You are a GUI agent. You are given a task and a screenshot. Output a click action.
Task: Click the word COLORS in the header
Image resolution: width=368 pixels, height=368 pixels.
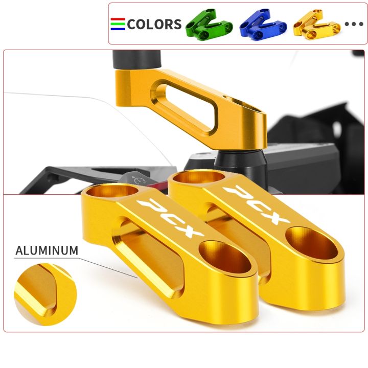tap(154, 24)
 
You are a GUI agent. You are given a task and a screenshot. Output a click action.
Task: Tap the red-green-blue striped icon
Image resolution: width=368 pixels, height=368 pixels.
tap(118, 24)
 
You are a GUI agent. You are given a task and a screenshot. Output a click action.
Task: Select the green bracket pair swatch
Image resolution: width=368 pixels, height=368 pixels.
tap(209, 24)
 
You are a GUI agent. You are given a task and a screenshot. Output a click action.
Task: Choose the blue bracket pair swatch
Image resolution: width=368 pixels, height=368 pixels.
tap(263, 24)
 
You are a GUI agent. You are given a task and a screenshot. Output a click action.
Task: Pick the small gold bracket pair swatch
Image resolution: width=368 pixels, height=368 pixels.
tap(316, 24)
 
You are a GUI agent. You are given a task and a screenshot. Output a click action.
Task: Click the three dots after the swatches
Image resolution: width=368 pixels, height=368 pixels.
tap(354, 24)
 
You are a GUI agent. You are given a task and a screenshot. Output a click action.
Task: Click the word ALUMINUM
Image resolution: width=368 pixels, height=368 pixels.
tap(47, 250)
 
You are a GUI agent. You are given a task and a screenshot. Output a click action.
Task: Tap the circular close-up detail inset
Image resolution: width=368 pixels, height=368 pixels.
tap(45, 294)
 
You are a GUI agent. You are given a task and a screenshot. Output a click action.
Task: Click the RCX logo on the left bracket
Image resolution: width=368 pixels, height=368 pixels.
tap(171, 217)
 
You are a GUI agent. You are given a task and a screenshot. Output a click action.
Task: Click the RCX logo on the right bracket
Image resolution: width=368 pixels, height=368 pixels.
tap(256, 204)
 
